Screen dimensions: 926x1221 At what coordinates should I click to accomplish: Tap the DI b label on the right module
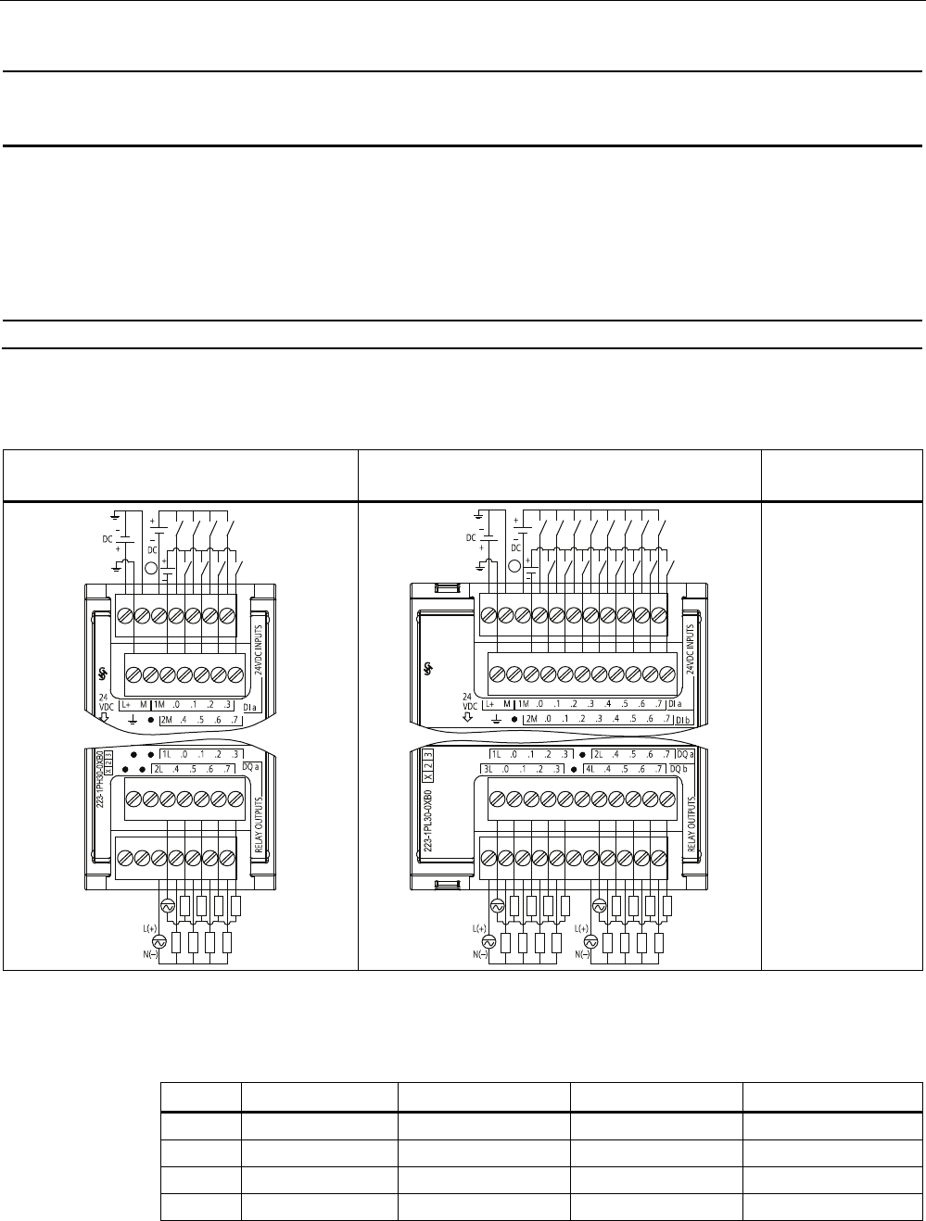coord(684,719)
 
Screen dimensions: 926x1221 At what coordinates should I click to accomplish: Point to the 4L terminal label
coord(590,769)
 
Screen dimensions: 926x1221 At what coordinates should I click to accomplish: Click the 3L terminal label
coord(488,769)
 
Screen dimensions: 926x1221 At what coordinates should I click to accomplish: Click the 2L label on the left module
coord(159,769)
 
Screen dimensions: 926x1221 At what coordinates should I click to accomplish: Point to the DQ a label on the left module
coord(248,768)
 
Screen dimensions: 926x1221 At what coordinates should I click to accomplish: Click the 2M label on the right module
coord(531,719)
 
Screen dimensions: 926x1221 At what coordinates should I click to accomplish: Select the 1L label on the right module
coord(497,754)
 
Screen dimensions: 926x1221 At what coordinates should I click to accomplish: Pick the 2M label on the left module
coord(167,719)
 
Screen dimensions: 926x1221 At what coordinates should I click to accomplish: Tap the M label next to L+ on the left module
coord(143,705)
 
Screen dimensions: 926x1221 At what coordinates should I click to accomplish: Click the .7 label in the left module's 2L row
coord(226,769)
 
